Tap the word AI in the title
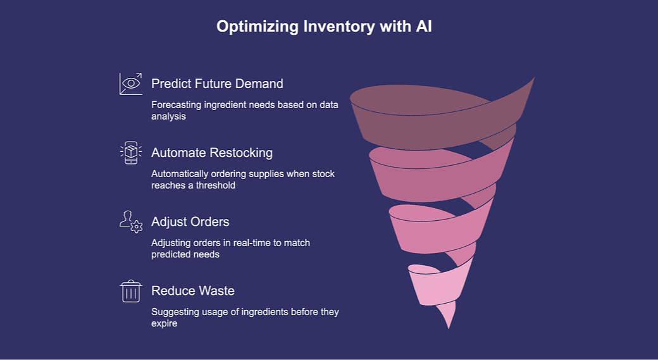[423, 27]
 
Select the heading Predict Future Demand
[217, 84]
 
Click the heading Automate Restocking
[212, 152]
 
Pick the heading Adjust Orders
[190, 222]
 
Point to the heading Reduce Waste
[193, 291]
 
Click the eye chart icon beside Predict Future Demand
[131, 84]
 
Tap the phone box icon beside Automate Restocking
[131, 153]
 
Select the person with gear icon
[131, 222]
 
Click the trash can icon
[131, 292]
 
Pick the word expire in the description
[164, 324]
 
